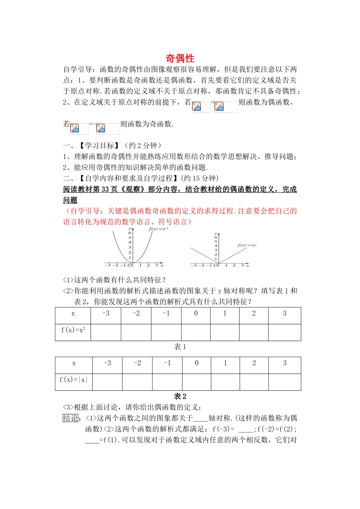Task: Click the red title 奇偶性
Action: point(180,58)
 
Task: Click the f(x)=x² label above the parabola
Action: point(158,229)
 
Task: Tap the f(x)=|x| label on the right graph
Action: point(247,245)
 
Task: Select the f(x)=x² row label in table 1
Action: point(73,330)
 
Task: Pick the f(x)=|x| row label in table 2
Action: point(73,379)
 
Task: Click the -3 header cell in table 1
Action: point(106,313)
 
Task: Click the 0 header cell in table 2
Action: point(197,363)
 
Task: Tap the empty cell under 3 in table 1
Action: point(285,332)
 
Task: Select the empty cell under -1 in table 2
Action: point(167,382)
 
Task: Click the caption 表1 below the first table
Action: point(180,347)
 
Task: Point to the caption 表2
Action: point(180,396)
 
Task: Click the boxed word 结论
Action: point(70,418)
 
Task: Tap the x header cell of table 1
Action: point(73,314)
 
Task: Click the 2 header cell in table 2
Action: point(254,363)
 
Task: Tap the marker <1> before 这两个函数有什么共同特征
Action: point(68,280)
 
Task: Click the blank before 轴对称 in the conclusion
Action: point(200,418)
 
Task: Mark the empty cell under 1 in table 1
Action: point(225,332)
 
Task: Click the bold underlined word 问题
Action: point(70,200)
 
